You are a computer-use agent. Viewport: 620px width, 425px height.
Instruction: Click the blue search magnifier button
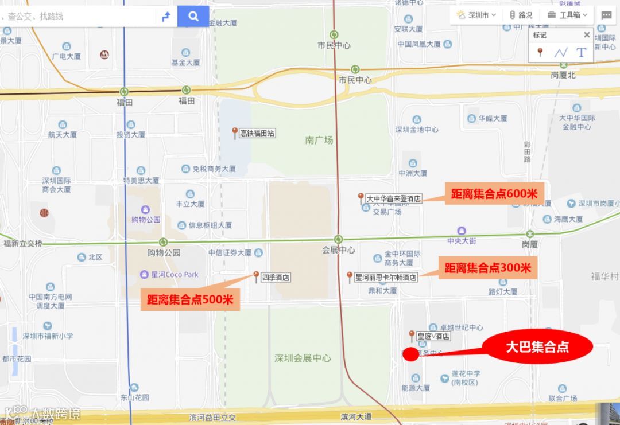click(x=193, y=16)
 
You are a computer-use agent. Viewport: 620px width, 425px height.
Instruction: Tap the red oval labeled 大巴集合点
click(x=537, y=347)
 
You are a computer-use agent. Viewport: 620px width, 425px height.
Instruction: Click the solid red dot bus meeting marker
click(x=410, y=354)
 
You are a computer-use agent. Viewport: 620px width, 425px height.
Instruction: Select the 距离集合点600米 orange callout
click(x=494, y=194)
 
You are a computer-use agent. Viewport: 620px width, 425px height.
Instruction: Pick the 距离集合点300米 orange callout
click(x=487, y=267)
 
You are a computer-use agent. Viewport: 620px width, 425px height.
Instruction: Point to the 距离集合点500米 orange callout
click(x=190, y=299)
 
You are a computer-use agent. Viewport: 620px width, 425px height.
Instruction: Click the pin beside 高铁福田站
click(x=235, y=132)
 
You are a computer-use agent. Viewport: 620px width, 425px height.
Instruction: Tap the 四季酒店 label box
click(x=276, y=278)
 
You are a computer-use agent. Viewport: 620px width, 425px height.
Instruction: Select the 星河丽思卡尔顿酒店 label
click(x=385, y=277)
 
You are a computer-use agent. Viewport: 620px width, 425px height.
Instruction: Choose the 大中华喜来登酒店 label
click(x=394, y=198)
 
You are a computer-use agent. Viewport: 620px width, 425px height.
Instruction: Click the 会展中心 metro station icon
click(x=339, y=239)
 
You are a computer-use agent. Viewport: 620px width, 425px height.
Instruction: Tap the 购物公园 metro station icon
click(x=164, y=242)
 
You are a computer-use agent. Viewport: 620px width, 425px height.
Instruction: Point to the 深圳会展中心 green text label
click(x=303, y=358)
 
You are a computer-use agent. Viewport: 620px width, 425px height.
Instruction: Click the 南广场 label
click(x=319, y=139)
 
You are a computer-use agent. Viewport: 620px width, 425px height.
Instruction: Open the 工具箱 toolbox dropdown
click(x=568, y=15)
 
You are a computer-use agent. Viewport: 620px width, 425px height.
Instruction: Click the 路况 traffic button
click(x=521, y=15)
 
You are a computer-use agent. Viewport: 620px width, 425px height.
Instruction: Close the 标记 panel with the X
click(x=587, y=35)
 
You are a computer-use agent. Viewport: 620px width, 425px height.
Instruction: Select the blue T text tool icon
click(x=581, y=53)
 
